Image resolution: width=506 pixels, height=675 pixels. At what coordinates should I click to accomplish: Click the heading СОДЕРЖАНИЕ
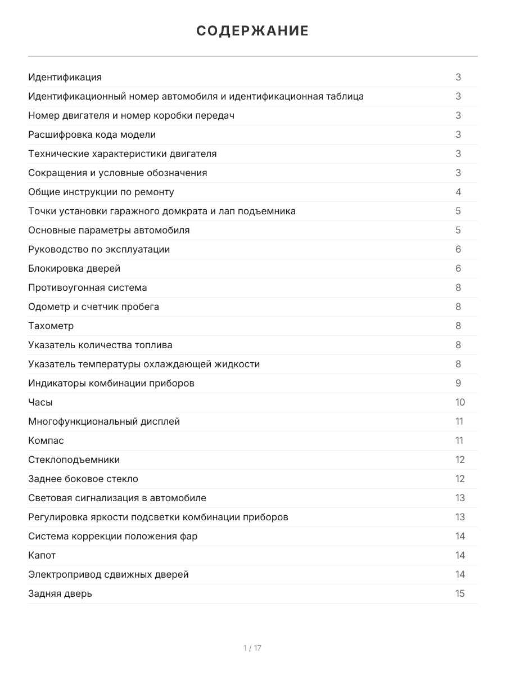[x=252, y=31]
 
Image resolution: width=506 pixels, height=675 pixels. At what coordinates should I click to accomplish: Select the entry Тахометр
[x=51, y=326]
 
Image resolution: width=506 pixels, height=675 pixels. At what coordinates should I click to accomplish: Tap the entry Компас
[x=46, y=440]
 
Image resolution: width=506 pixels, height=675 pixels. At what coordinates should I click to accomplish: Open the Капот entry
[x=42, y=555]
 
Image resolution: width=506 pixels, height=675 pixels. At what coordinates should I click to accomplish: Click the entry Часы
[x=40, y=402]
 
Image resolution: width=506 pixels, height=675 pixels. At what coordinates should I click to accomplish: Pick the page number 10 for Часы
[x=460, y=402]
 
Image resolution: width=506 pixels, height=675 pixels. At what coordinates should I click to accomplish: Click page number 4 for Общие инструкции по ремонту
[x=458, y=192]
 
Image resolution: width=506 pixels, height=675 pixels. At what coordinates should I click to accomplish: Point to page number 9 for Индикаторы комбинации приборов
[x=458, y=383]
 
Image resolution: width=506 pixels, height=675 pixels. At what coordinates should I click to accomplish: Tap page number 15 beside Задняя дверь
[x=460, y=593]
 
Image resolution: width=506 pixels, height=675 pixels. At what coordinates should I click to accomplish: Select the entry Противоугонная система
[x=88, y=287]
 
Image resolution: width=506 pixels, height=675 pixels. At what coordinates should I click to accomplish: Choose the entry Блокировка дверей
[x=74, y=268]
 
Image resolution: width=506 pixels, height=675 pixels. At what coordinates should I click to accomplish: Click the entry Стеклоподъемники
[x=74, y=460]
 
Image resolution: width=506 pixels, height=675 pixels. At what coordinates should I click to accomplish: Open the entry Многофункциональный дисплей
[x=104, y=421]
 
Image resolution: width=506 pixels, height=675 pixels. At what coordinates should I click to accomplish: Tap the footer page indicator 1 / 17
[x=252, y=648]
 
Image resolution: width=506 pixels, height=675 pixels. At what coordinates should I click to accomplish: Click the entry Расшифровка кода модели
[x=92, y=134]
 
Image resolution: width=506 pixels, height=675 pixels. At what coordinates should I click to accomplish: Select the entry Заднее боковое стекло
[x=83, y=479]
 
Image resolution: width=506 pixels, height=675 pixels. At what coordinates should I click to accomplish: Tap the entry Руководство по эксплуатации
[x=99, y=249]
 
